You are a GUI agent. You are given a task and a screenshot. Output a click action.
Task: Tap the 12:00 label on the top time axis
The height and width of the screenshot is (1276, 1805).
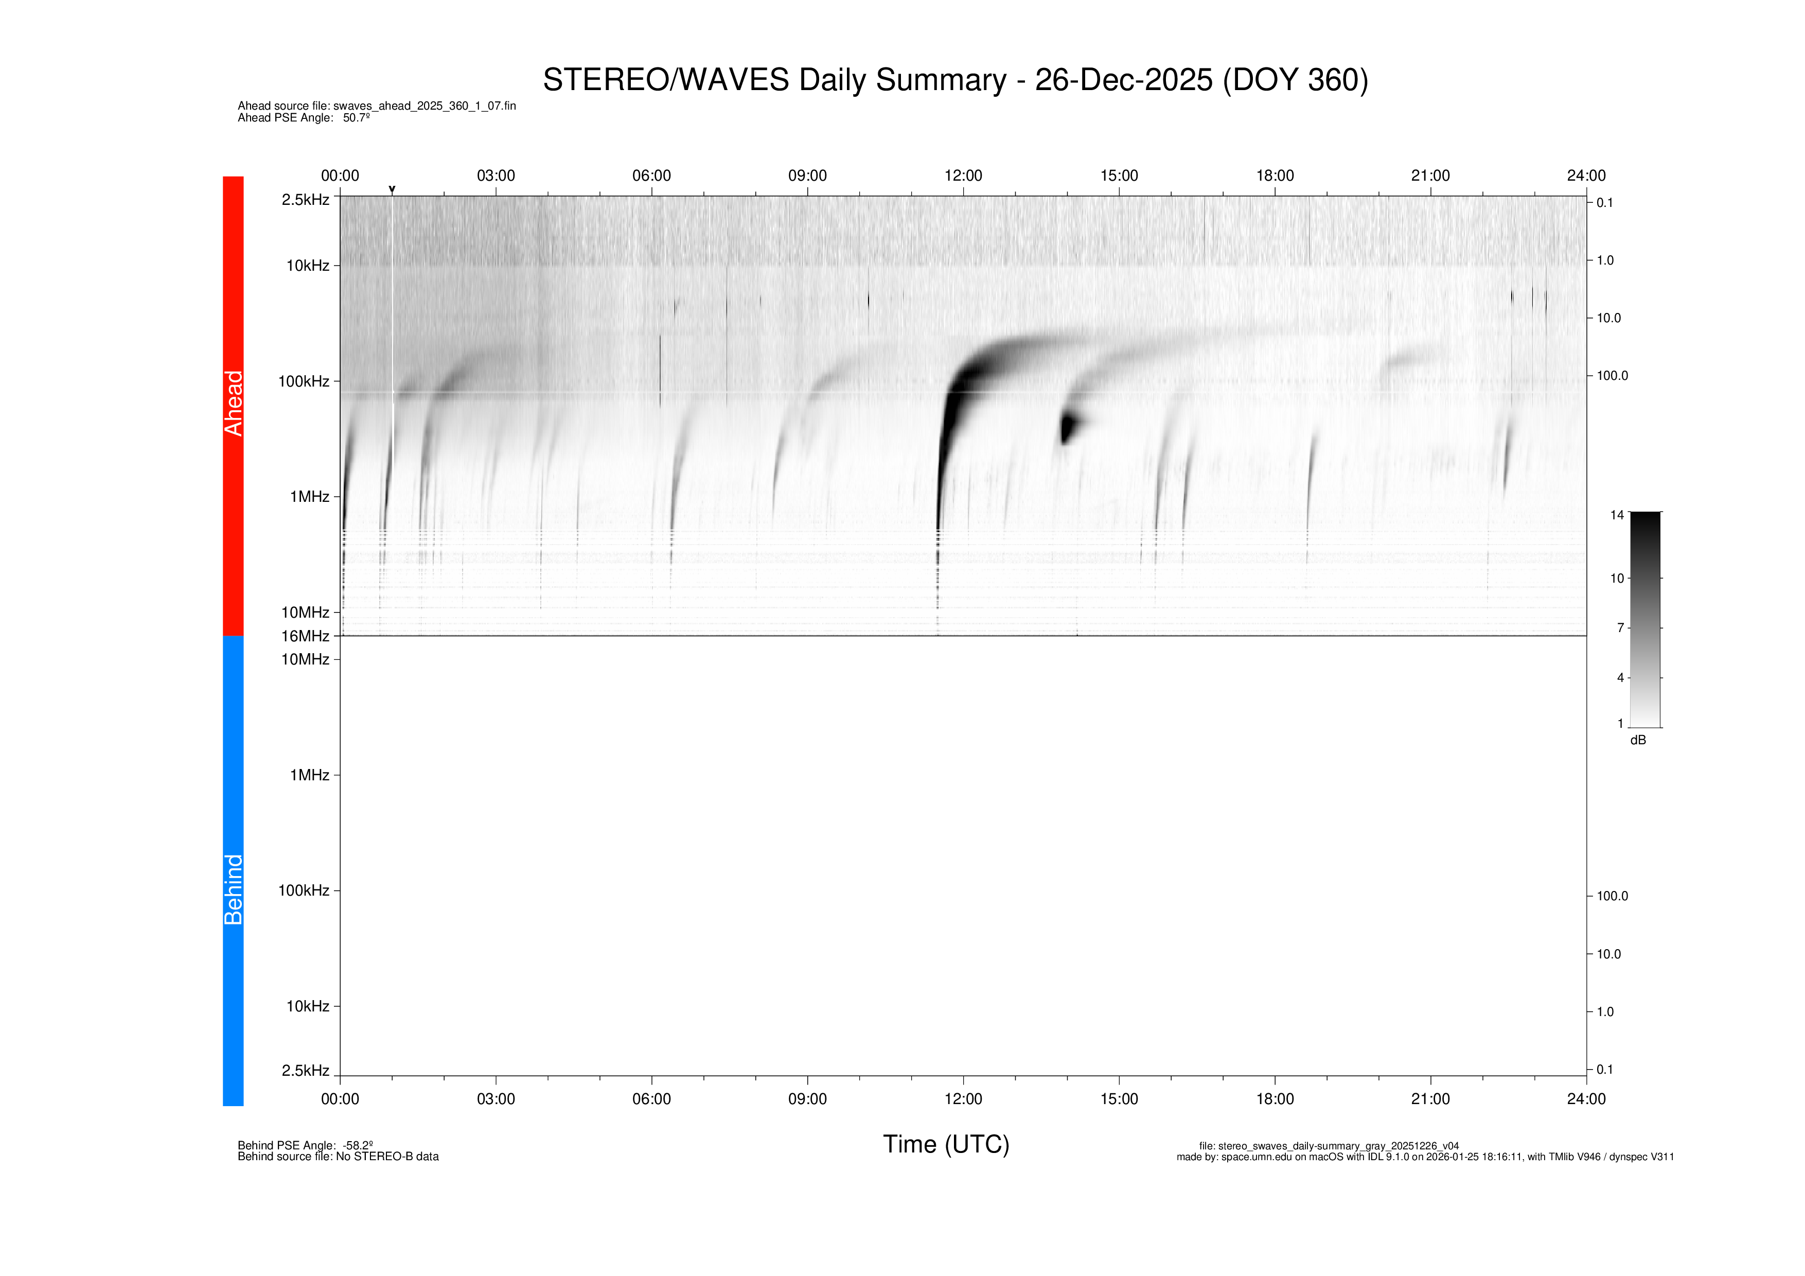963,176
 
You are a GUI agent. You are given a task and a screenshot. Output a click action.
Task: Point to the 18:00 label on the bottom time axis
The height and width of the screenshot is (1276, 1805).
1275,1098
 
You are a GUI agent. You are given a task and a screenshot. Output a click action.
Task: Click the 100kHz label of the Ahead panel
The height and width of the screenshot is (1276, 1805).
304,381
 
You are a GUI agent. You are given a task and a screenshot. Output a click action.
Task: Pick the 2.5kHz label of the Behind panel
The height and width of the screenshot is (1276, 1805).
305,1070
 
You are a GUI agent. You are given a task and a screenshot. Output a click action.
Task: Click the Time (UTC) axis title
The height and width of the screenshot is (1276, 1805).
946,1144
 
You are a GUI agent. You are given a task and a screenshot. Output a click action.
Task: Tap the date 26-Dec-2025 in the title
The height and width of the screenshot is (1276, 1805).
1123,80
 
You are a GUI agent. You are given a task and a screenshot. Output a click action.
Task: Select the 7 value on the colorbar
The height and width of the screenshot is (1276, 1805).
1620,627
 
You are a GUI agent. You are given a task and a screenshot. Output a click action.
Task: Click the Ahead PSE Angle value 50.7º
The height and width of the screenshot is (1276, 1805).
356,118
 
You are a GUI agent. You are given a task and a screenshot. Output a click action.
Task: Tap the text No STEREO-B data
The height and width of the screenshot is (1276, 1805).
387,1157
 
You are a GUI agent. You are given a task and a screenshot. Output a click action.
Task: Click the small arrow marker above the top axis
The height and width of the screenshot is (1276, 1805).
392,189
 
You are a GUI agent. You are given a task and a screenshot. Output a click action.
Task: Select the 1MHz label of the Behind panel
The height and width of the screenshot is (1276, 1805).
310,775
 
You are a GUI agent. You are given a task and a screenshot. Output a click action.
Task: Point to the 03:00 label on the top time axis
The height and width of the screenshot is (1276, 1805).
496,176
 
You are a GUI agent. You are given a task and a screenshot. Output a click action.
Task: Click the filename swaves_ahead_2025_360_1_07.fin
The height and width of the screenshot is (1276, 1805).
424,106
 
